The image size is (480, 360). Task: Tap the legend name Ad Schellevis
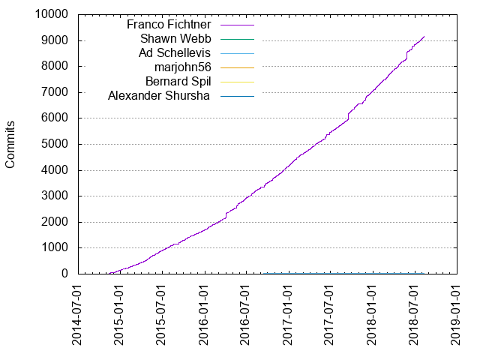click(x=175, y=52)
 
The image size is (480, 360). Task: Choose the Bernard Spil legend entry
click(x=178, y=81)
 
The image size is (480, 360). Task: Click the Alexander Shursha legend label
click(x=160, y=95)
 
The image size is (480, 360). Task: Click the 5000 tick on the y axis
click(x=55, y=144)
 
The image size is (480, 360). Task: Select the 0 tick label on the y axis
click(x=64, y=274)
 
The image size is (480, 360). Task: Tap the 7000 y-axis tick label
click(x=55, y=92)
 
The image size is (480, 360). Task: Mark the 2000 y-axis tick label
click(x=55, y=222)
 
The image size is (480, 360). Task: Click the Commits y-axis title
click(x=11, y=144)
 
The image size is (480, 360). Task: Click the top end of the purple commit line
click(x=424, y=36)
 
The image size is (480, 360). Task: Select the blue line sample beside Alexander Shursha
click(x=237, y=95)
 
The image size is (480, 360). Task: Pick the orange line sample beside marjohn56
click(x=237, y=67)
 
